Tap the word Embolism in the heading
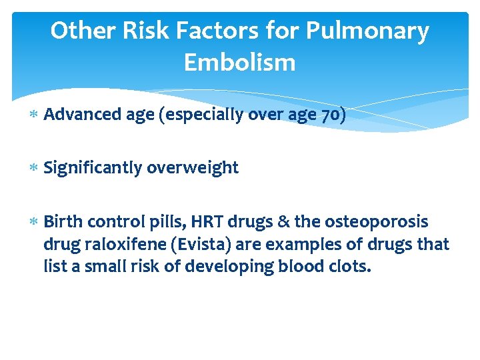[239, 63]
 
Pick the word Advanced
[82, 115]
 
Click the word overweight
[193, 168]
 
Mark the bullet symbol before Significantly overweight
[34, 169]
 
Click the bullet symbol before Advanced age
[34, 116]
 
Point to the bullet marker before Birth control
[34, 222]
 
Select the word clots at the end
[349, 267]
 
